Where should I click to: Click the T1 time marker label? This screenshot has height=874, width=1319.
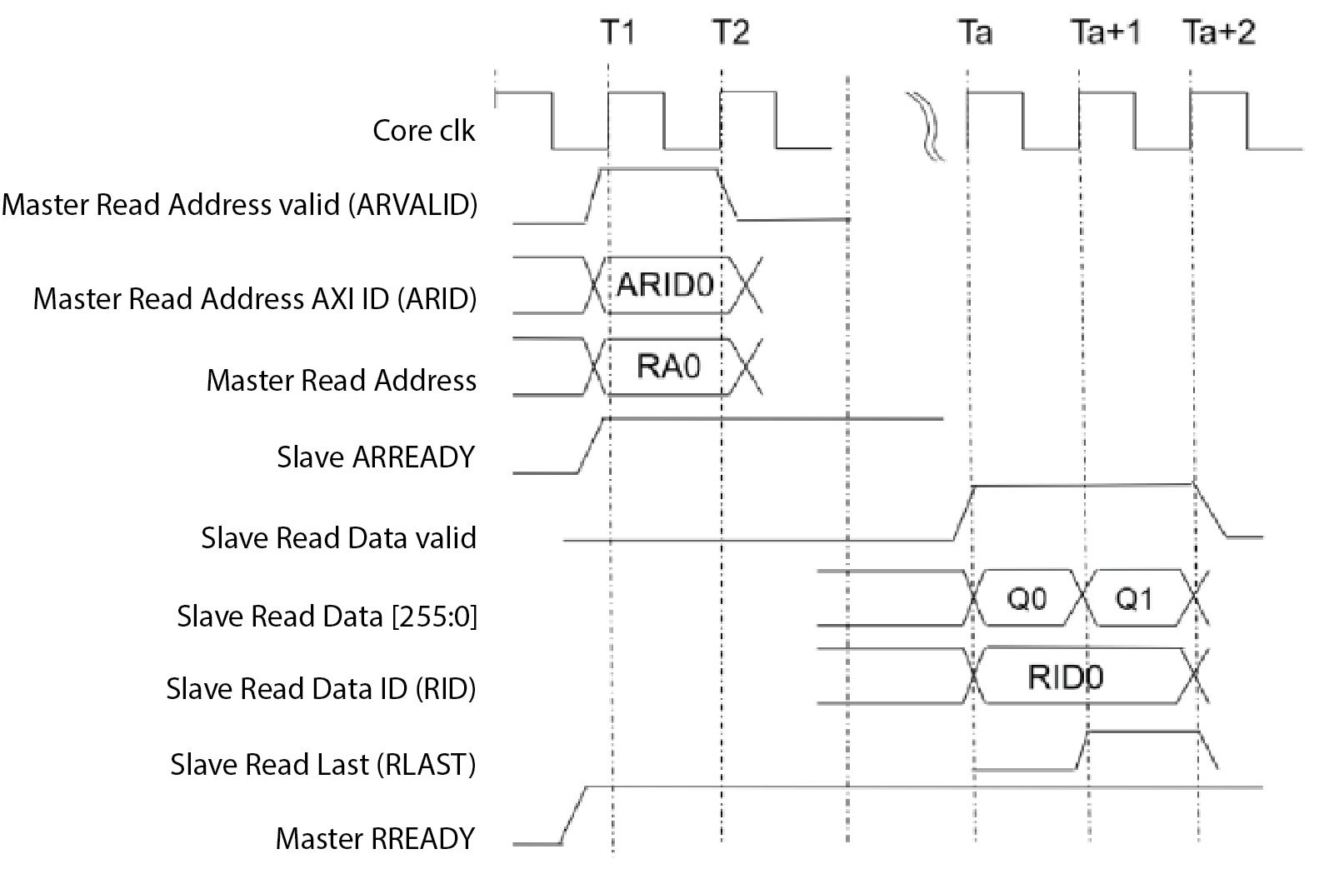pyautogui.click(x=617, y=32)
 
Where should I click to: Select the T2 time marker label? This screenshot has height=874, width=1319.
pyautogui.click(x=731, y=32)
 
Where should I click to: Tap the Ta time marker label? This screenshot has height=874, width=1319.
pyautogui.click(x=974, y=32)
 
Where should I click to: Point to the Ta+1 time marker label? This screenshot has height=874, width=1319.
pyautogui.click(x=1105, y=32)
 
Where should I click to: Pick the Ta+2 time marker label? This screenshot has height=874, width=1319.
pyautogui.click(x=1219, y=32)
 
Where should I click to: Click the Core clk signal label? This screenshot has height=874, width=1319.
pyautogui.click(x=423, y=131)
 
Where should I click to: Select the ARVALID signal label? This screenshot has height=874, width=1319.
pyautogui.click(x=240, y=205)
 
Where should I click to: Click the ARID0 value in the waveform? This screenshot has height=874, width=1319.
pyautogui.click(x=665, y=286)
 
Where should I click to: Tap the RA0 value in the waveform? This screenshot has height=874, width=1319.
pyautogui.click(x=668, y=367)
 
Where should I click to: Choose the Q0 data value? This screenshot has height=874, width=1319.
pyautogui.click(x=1027, y=599)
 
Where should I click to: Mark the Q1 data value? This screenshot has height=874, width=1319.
pyautogui.click(x=1134, y=599)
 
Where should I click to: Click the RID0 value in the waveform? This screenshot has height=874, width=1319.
pyautogui.click(x=1066, y=677)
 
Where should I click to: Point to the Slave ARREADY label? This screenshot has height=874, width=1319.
pyautogui.click(x=375, y=457)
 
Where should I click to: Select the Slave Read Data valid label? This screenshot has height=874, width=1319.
pyautogui.click(x=338, y=538)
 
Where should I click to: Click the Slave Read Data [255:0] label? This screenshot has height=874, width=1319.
pyautogui.click(x=327, y=617)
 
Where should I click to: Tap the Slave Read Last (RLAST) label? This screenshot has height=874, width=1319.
pyautogui.click(x=322, y=764)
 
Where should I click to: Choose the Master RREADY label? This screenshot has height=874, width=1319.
pyautogui.click(x=375, y=838)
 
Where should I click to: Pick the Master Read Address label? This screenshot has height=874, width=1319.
pyautogui.click(x=342, y=381)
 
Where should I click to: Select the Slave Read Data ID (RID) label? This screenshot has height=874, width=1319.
pyautogui.click(x=321, y=689)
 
